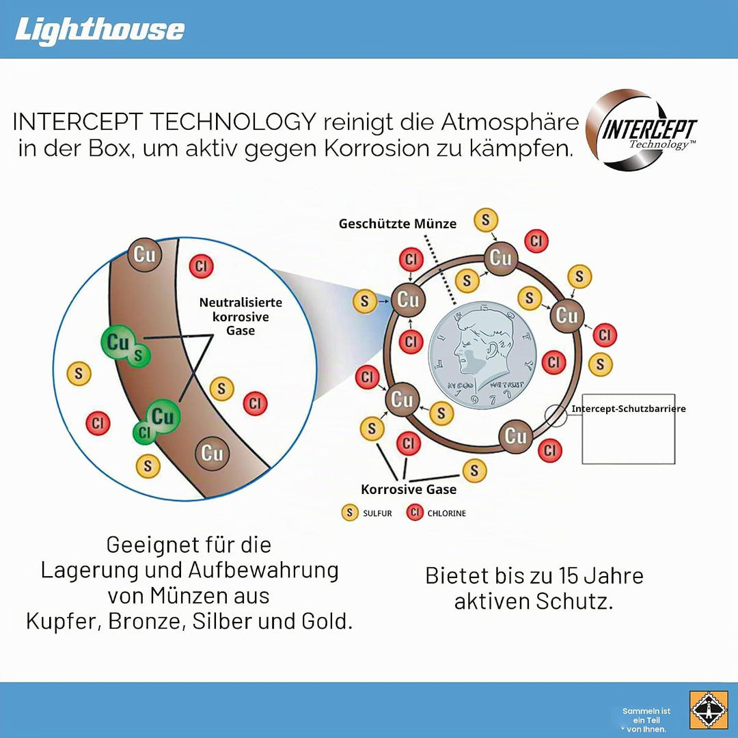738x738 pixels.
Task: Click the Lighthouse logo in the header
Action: (x=100, y=30)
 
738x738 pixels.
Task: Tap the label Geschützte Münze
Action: (x=398, y=224)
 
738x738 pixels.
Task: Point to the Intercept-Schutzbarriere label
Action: (x=629, y=409)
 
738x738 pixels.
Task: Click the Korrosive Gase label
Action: (x=409, y=489)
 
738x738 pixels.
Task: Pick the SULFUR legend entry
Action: (x=367, y=512)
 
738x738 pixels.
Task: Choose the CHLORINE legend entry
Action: (x=436, y=512)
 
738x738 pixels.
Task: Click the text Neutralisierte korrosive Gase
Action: (x=241, y=316)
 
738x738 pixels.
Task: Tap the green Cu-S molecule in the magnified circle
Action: (x=125, y=346)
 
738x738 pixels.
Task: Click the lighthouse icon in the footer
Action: (x=708, y=710)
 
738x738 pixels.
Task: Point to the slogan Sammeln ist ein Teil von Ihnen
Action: (x=646, y=720)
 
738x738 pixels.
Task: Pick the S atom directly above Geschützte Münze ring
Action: (x=486, y=220)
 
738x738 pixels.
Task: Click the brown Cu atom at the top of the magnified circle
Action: (x=144, y=255)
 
